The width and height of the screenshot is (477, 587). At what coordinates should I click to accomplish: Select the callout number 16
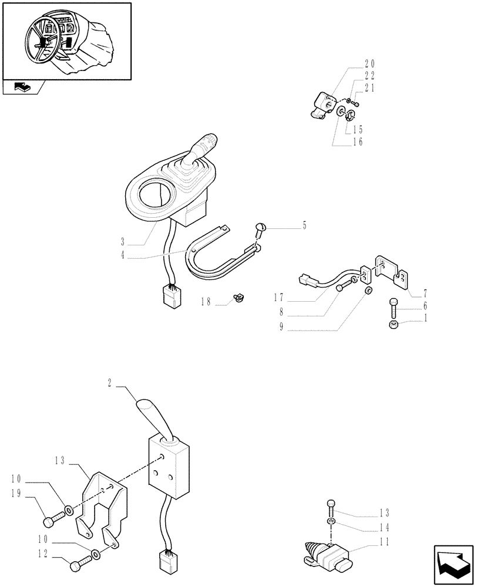[358, 142]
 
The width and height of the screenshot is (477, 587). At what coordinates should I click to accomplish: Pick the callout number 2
[110, 382]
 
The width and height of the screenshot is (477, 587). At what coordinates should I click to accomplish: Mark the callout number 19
[16, 494]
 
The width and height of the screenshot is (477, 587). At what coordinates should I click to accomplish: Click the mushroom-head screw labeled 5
[260, 229]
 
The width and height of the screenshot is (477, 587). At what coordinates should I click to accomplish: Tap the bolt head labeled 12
[75, 566]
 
